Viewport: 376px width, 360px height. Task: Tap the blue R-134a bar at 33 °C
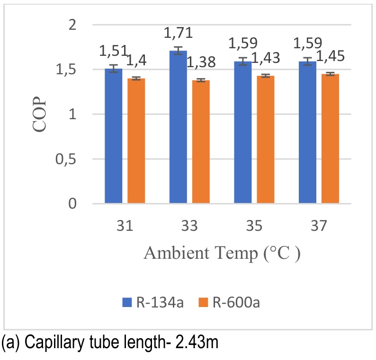click(x=178, y=127)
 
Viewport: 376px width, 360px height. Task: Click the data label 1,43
click(x=265, y=58)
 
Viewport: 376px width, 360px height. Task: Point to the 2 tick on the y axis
click(x=72, y=25)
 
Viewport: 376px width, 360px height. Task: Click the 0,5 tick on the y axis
click(x=66, y=159)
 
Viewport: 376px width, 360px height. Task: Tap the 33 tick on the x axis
click(x=189, y=227)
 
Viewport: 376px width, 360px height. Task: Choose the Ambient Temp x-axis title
click(x=222, y=254)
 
